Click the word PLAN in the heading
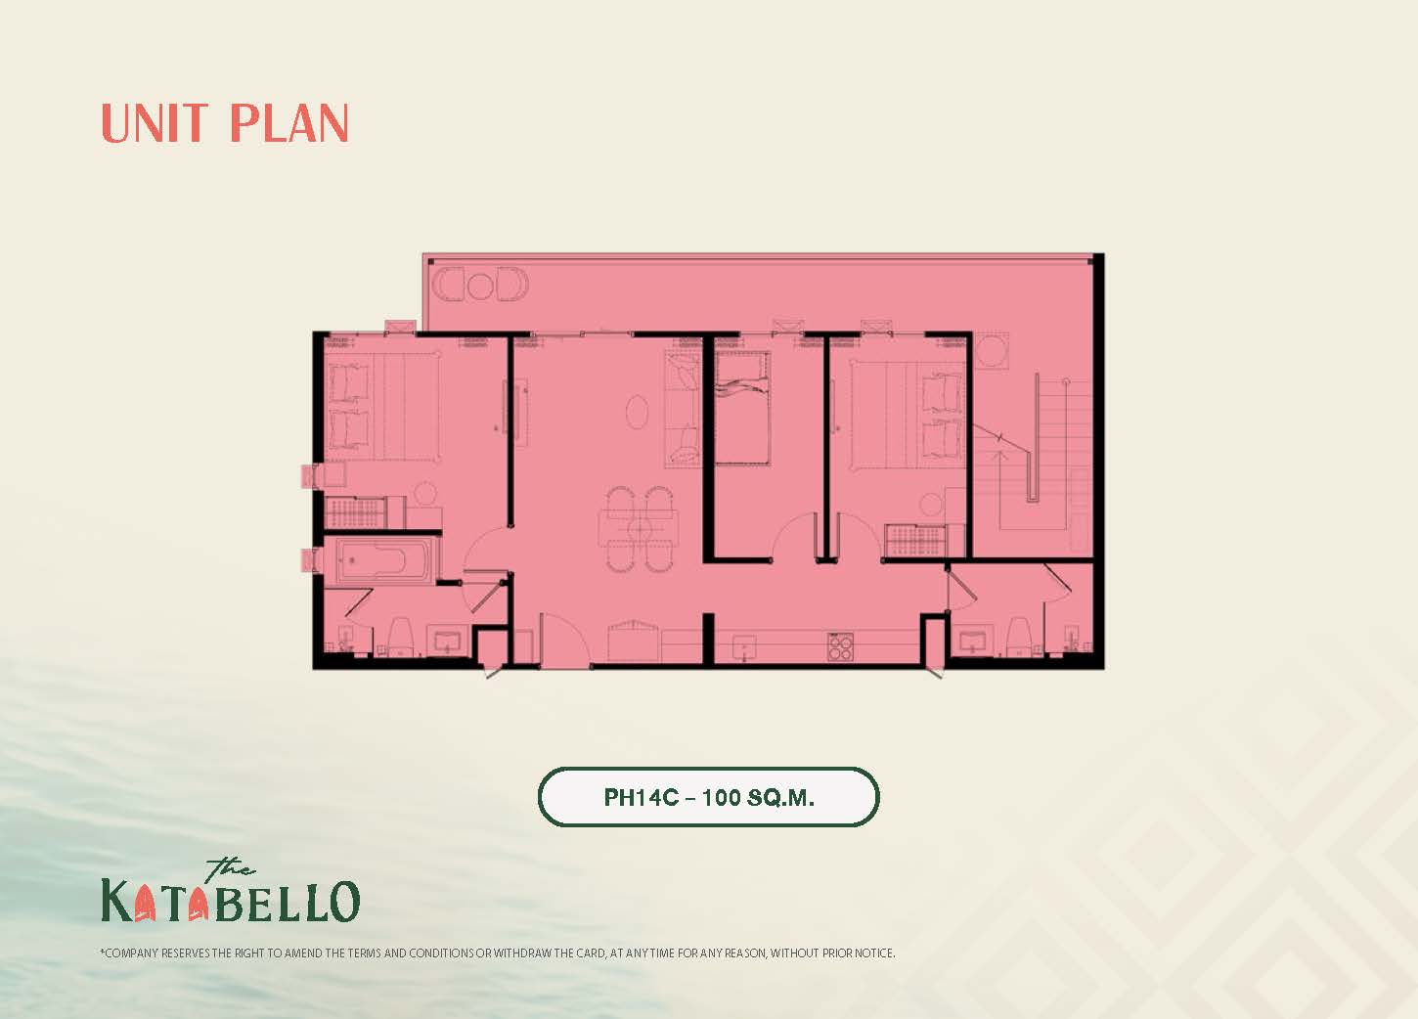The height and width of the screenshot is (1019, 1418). (288, 123)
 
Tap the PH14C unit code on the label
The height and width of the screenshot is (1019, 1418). (642, 797)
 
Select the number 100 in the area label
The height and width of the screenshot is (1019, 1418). (722, 797)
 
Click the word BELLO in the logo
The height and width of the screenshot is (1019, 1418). (287, 901)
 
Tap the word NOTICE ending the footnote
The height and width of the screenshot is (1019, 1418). (874, 953)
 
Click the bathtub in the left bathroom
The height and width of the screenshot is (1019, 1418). (385, 560)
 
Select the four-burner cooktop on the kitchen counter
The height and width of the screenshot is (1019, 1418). (840, 646)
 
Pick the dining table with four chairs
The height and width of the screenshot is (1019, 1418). (639, 528)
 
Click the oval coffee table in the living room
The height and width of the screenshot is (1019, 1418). (637, 412)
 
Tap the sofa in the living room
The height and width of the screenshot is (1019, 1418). (683, 409)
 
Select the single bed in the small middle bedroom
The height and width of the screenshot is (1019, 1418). (742, 409)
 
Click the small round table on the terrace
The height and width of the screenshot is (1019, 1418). (479, 285)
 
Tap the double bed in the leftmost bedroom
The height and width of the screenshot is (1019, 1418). (381, 408)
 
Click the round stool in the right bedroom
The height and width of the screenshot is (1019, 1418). (931, 505)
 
